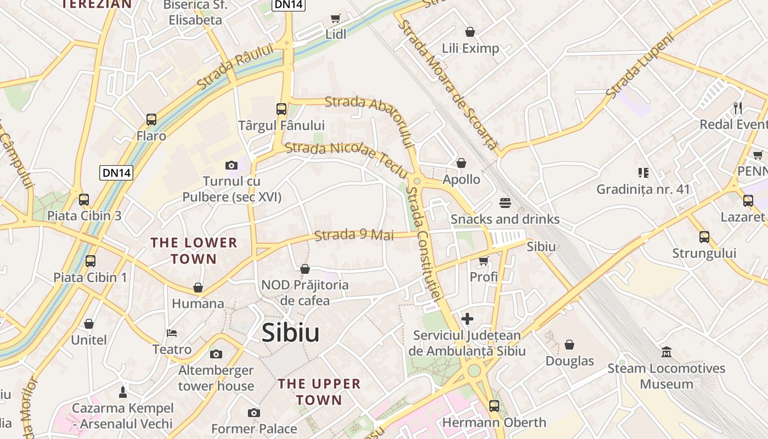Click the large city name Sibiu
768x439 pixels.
pyautogui.click(x=290, y=333)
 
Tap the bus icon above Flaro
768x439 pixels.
pyautogui.click(x=151, y=119)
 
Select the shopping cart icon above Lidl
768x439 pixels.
pyautogui.click(x=336, y=18)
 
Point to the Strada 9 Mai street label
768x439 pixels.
pyautogui.click(x=354, y=235)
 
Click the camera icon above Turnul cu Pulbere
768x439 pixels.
pyautogui.click(x=231, y=165)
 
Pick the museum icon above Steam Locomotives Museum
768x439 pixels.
pyautogui.click(x=667, y=352)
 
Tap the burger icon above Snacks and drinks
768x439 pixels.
pyautogui.click(x=505, y=203)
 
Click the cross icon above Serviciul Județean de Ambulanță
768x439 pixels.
pyautogui.click(x=467, y=318)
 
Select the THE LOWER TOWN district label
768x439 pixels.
pyautogui.click(x=194, y=250)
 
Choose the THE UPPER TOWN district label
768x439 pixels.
pyautogui.click(x=319, y=392)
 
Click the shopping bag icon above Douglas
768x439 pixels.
pyautogui.click(x=569, y=345)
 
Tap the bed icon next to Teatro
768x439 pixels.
pyautogui.click(x=172, y=333)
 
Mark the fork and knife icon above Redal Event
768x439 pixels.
pyautogui.click(x=738, y=108)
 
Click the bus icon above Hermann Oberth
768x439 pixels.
pyautogui.click(x=494, y=406)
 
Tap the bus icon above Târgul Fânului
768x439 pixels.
pyautogui.click(x=281, y=109)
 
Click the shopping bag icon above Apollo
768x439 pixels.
pyautogui.click(x=461, y=163)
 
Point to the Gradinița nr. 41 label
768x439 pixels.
pyautogui.click(x=643, y=189)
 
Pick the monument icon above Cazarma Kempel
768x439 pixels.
pyautogui.click(x=123, y=392)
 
